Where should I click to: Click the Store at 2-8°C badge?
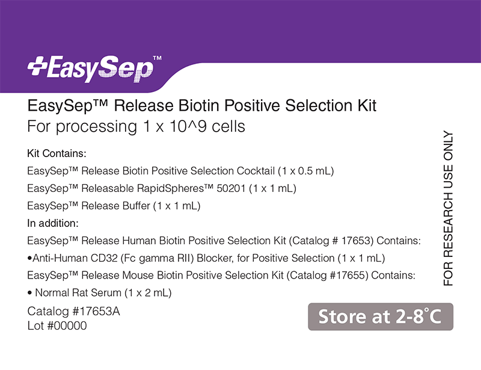[380, 316]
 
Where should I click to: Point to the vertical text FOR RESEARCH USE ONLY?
[449, 208]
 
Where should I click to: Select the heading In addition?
[54, 224]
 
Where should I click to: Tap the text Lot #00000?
[58, 326]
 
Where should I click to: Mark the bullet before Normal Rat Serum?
[29, 294]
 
